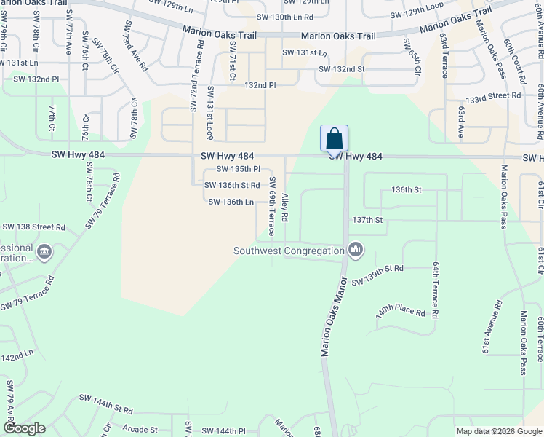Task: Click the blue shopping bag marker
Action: [x=334, y=138]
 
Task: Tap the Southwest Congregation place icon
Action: [x=356, y=250]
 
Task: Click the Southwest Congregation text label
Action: [x=289, y=251]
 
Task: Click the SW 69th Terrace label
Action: [x=271, y=206]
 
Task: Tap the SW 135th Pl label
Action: [x=238, y=169]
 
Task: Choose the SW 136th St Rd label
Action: [x=232, y=186]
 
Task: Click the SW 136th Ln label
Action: [x=231, y=202]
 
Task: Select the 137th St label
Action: [x=367, y=219]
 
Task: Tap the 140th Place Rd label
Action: [x=401, y=309]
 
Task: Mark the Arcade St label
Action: [x=140, y=430]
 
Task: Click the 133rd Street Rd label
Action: [x=494, y=95]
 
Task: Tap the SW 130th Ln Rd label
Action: [x=286, y=16]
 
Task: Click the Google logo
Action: [x=24, y=428]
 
